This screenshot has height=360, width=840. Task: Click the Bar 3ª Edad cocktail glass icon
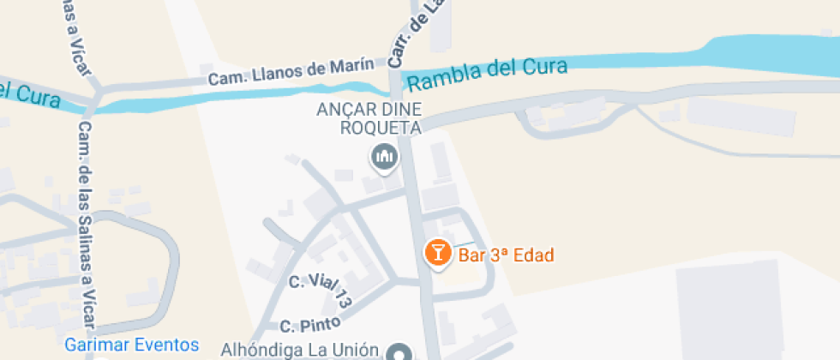(438, 253)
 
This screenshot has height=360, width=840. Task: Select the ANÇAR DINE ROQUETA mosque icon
(383, 156)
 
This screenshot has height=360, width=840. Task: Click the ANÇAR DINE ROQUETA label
(369, 119)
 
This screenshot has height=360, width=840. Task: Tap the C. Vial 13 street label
(321, 291)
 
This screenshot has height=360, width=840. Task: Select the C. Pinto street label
(310, 325)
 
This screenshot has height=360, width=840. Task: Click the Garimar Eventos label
(132, 345)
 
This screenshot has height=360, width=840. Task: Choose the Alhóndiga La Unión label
(299, 350)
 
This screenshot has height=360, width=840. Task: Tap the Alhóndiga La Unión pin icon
(399, 352)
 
